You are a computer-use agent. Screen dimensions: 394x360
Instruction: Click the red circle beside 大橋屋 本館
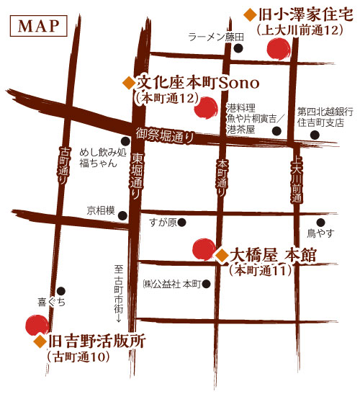pos(202,249)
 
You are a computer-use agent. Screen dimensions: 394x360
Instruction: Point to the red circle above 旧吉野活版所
pos(33,325)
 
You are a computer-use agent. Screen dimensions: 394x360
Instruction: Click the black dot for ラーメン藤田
pos(238,49)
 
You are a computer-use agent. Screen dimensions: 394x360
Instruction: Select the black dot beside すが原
pos(182,222)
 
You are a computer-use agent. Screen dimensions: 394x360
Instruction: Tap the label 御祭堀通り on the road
pos(165,133)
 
